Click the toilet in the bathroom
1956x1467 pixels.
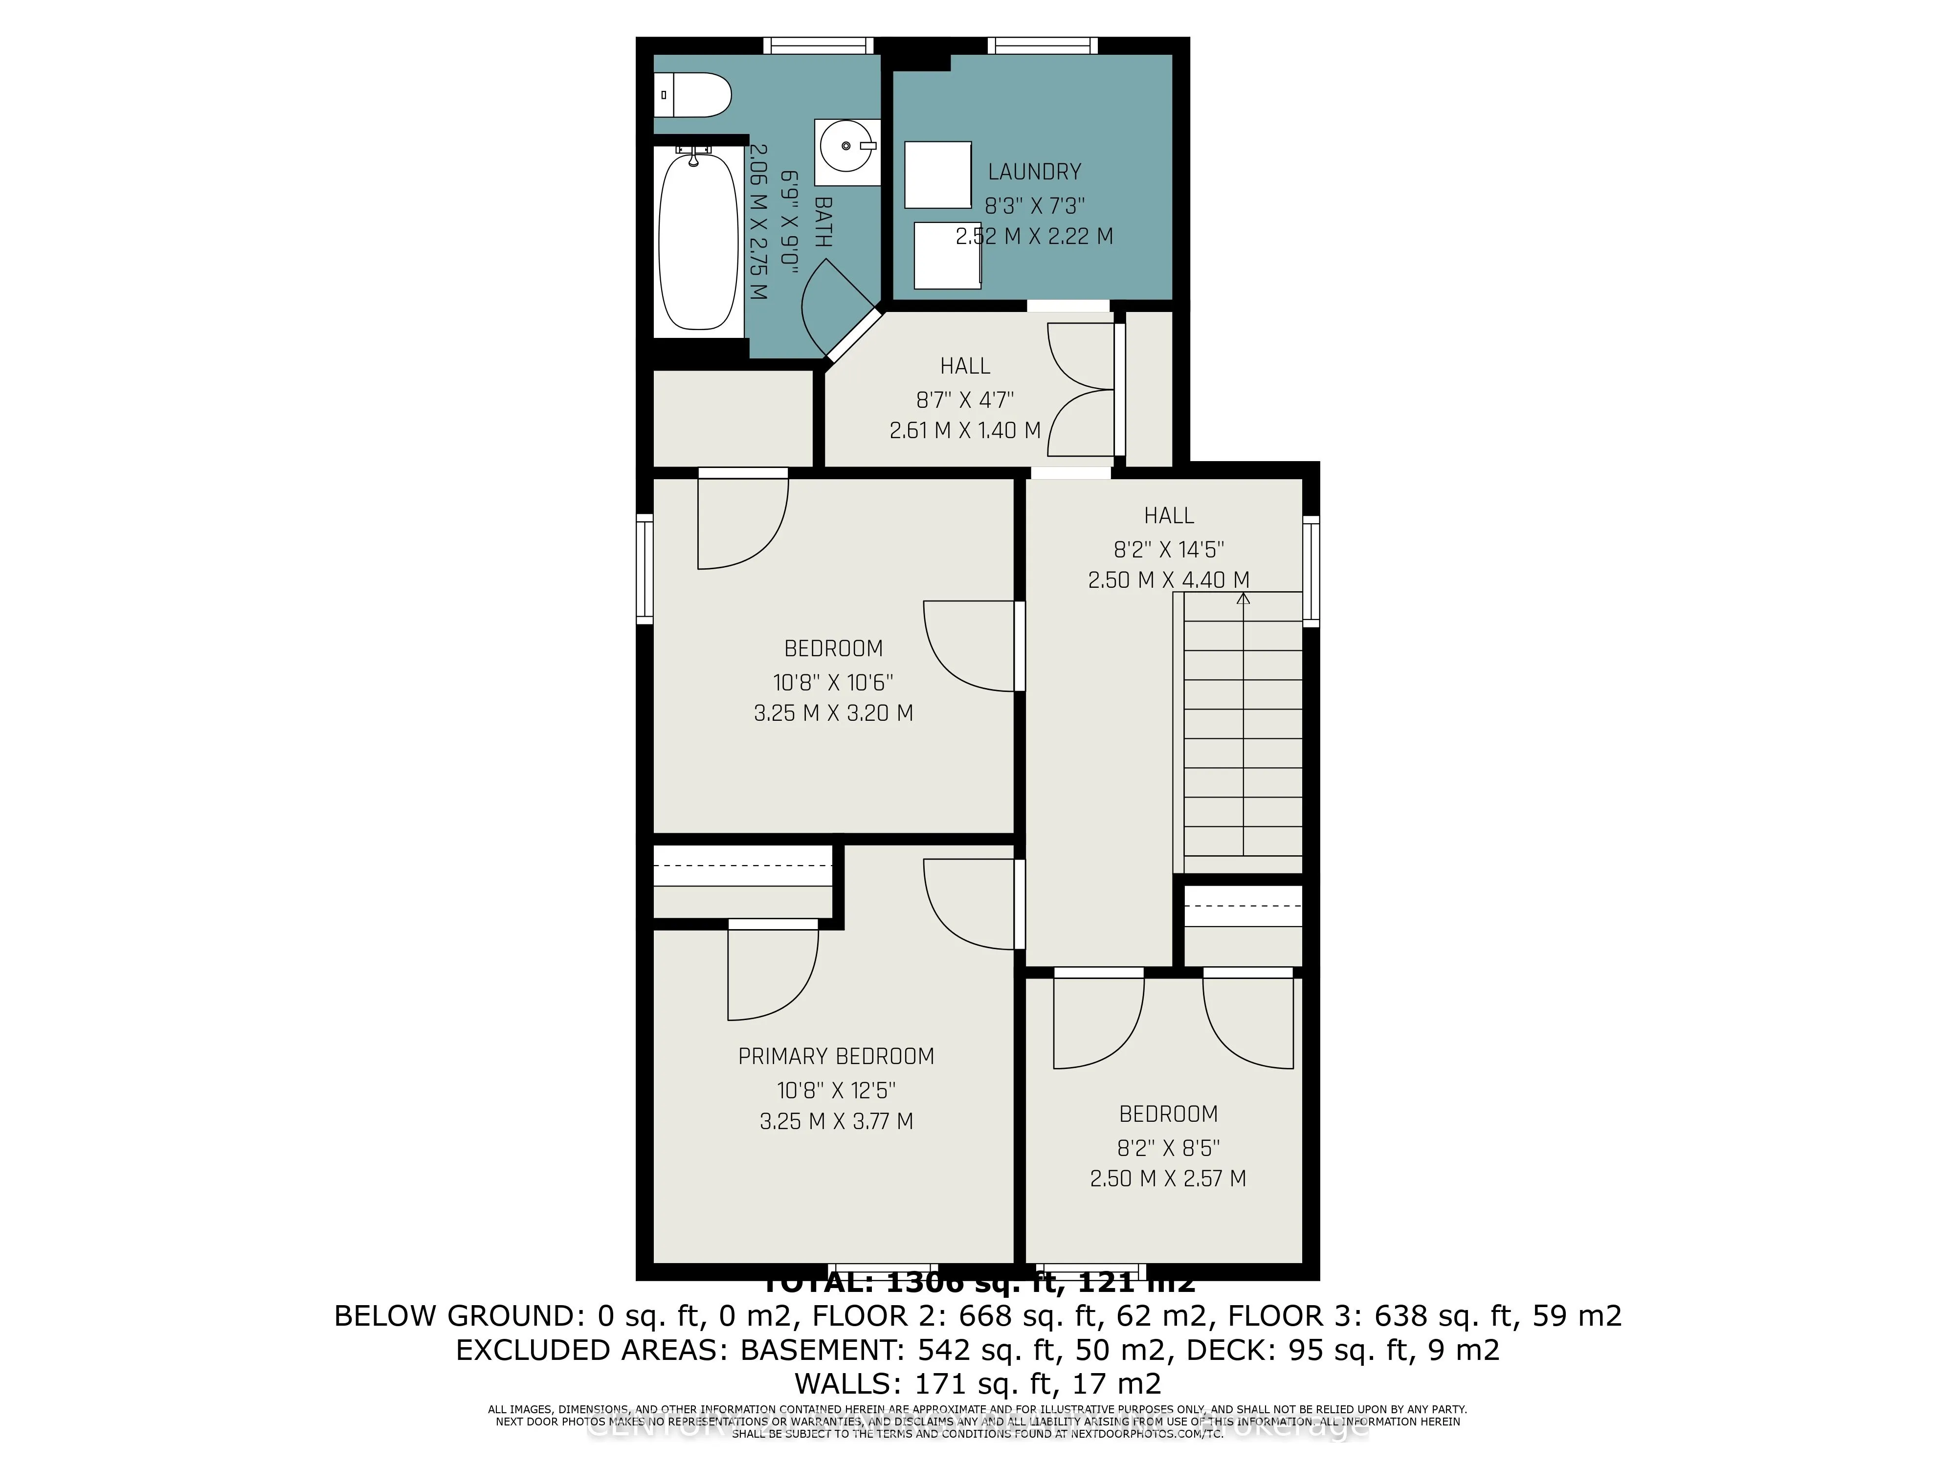[x=694, y=94]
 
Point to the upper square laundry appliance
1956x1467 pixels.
[x=937, y=175]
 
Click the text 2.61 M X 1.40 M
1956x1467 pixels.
[x=965, y=431]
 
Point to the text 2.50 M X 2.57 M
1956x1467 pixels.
[x=1168, y=1178]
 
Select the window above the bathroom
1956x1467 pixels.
[x=818, y=45]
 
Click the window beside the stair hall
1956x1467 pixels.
[x=1311, y=571]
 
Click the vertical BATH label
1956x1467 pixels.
[x=822, y=221]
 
